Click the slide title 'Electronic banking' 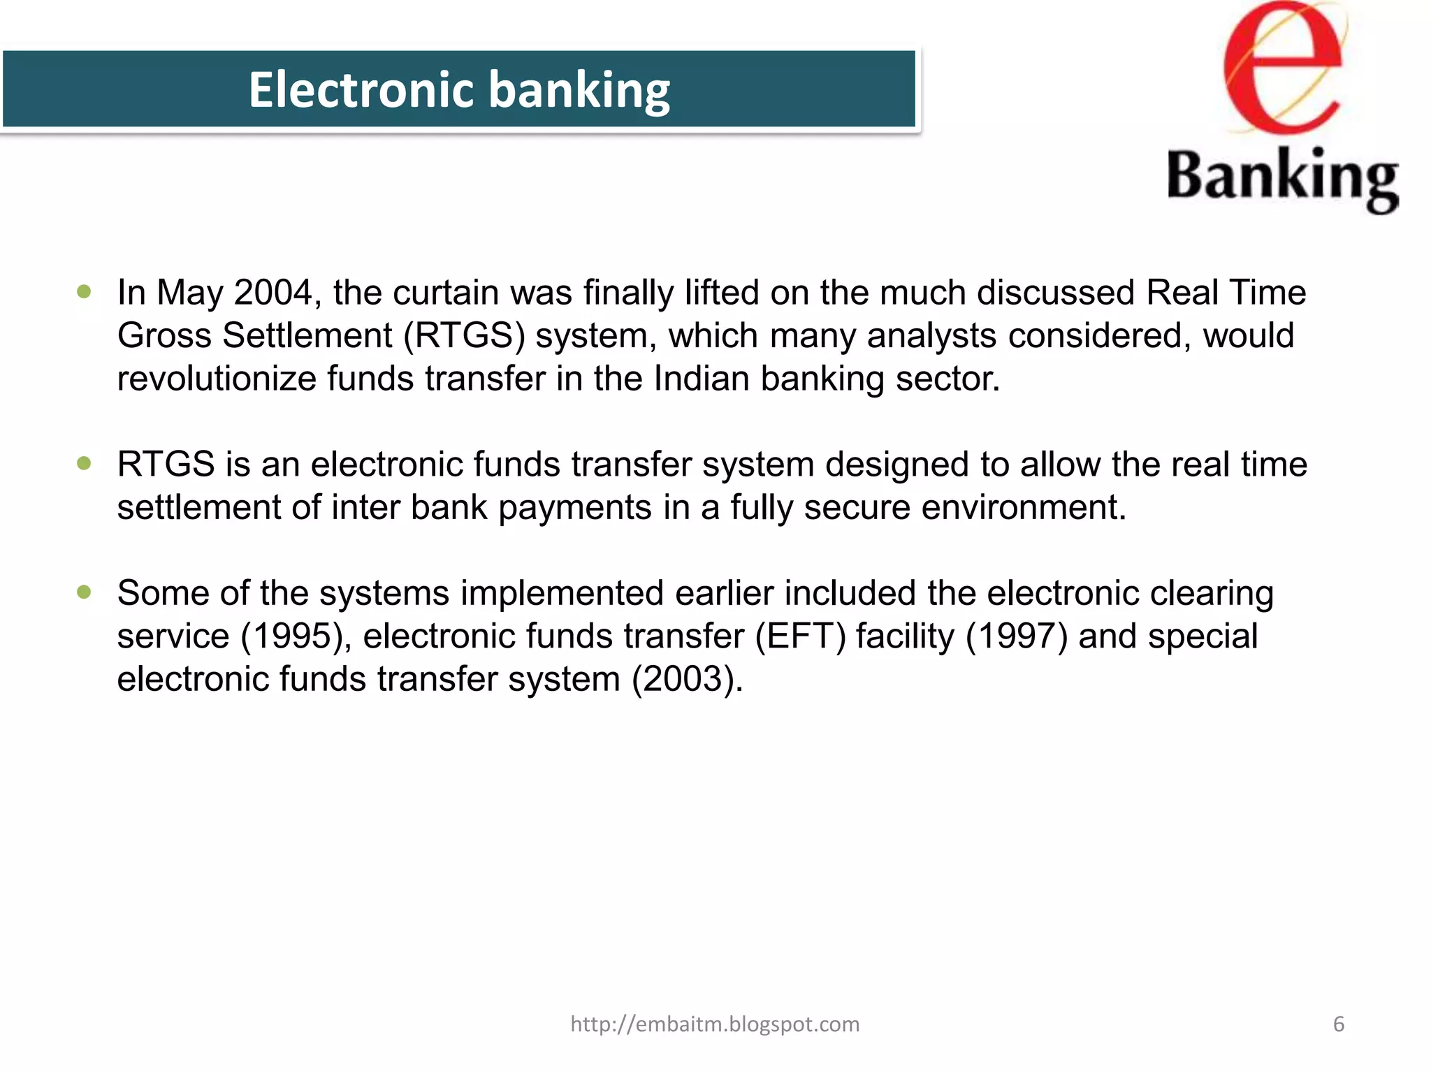[x=459, y=89]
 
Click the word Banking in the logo [x=1283, y=177]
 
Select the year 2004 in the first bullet [x=273, y=292]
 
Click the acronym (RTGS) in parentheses [x=464, y=335]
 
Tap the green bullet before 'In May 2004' [x=85, y=291]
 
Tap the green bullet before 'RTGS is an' [x=85, y=463]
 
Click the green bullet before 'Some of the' [x=85, y=592]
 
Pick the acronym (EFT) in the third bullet [x=800, y=636]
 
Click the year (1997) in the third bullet [x=1017, y=636]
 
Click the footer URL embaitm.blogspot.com [x=715, y=1024]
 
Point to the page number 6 [x=1339, y=1024]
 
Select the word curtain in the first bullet [x=446, y=292]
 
